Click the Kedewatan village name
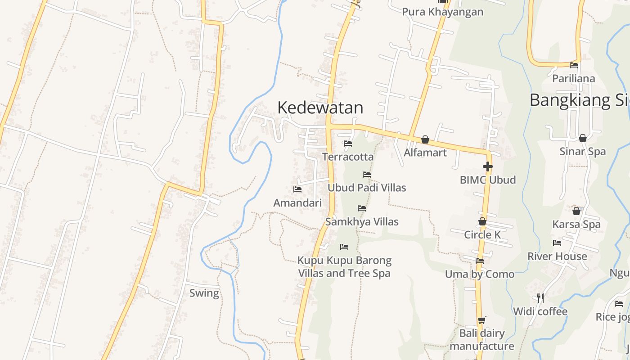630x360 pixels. pyautogui.click(x=320, y=108)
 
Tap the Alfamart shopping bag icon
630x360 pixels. pyautogui.click(x=425, y=139)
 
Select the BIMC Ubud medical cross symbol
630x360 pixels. pyautogui.click(x=487, y=166)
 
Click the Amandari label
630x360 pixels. pyautogui.click(x=297, y=203)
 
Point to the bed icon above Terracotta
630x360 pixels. pyautogui.click(x=348, y=144)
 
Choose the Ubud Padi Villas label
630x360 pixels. pyautogui.click(x=367, y=188)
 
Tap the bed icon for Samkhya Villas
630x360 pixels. pyautogui.click(x=362, y=208)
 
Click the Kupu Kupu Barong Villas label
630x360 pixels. pyautogui.click(x=344, y=267)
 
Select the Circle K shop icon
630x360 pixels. pyautogui.click(x=482, y=221)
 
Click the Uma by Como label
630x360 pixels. pyautogui.click(x=480, y=274)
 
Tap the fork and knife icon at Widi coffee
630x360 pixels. pyautogui.click(x=540, y=298)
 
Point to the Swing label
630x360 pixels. pyautogui.click(x=204, y=293)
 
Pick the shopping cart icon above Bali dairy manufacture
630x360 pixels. pyautogui.click(x=482, y=320)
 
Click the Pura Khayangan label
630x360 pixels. pyautogui.click(x=442, y=12)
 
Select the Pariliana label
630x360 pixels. pyautogui.click(x=573, y=79)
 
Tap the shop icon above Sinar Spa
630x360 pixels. pyautogui.click(x=583, y=138)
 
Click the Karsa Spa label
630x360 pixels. pyautogui.click(x=576, y=224)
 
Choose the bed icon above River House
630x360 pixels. pyautogui.click(x=557, y=243)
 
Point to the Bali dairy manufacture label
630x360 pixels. pyautogui.click(x=482, y=340)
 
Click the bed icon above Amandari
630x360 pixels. pyautogui.click(x=297, y=189)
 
